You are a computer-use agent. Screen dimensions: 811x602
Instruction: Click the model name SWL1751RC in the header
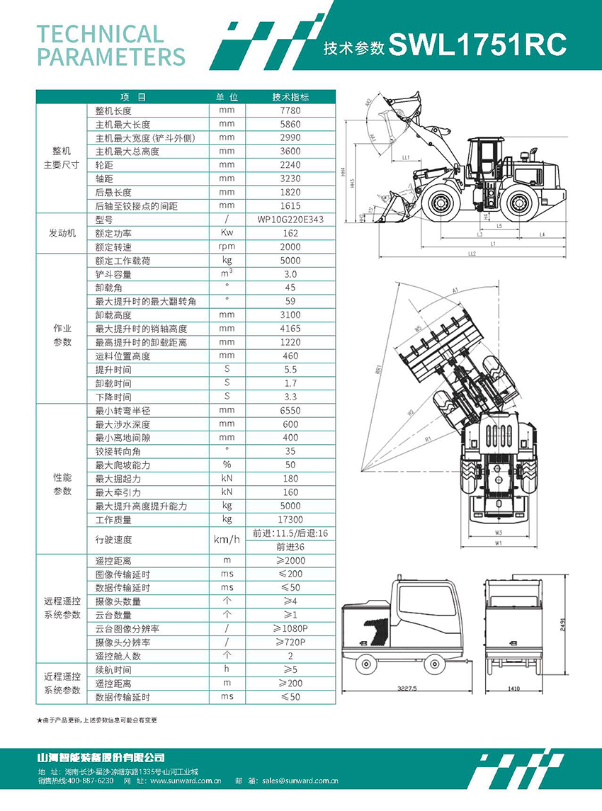(x=477, y=46)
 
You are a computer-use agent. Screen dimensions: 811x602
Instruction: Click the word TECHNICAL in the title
(x=100, y=33)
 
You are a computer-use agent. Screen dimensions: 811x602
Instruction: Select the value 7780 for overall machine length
(x=290, y=110)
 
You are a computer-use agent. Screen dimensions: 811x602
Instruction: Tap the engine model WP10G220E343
(x=290, y=220)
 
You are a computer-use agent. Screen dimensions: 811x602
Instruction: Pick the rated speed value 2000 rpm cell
(x=290, y=247)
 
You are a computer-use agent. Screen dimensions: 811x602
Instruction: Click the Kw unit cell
(x=227, y=233)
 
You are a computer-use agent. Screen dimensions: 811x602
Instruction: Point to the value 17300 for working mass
(x=290, y=520)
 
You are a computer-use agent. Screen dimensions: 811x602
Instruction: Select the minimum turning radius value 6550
(x=290, y=411)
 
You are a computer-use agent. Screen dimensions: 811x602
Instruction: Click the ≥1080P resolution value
(x=290, y=629)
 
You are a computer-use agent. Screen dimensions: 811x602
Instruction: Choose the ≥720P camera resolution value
(x=290, y=642)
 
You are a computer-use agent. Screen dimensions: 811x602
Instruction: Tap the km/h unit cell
(x=227, y=540)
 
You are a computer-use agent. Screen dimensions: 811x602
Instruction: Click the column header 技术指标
(x=290, y=97)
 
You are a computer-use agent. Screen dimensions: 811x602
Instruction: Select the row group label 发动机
(x=62, y=233)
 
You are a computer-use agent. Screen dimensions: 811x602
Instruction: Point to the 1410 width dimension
(x=515, y=688)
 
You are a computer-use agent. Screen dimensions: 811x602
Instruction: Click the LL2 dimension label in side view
(x=472, y=253)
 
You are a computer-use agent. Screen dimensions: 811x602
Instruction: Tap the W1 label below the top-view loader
(x=499, y=543)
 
